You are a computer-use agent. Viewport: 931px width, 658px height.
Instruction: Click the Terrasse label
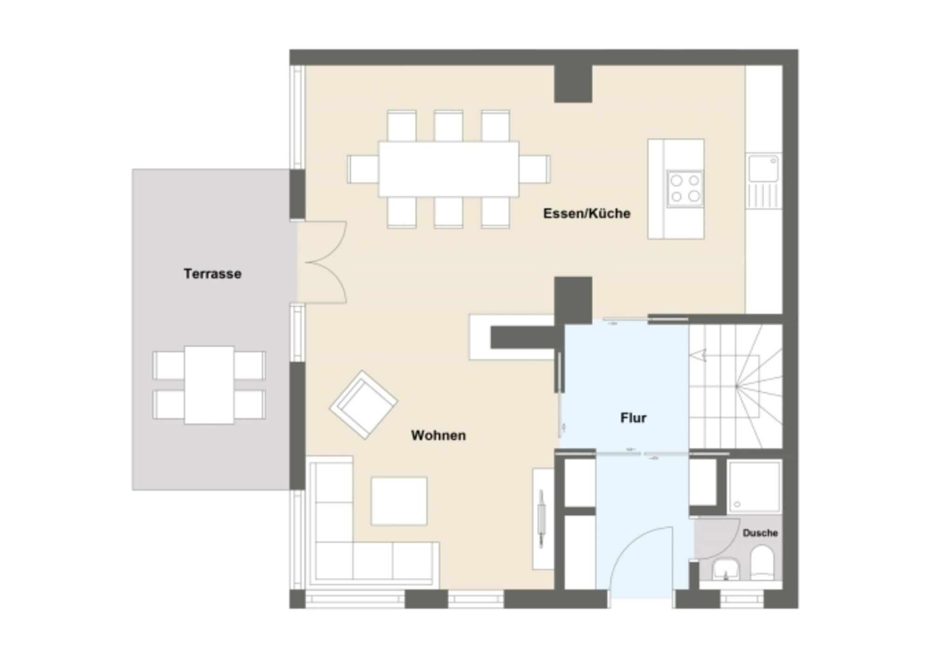212,274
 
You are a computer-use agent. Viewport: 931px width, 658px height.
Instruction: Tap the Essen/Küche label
587,214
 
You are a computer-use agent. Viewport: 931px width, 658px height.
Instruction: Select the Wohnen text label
438,436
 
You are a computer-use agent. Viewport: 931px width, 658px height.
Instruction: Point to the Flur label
633,418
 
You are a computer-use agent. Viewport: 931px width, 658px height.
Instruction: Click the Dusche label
760,533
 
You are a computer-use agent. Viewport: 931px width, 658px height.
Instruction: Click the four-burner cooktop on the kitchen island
685,188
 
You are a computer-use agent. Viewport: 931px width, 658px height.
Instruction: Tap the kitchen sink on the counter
763,168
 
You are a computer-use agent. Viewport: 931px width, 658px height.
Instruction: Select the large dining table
448,169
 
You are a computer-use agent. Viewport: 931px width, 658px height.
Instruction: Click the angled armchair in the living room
364,405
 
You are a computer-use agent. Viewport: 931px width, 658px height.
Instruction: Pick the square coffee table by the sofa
399,501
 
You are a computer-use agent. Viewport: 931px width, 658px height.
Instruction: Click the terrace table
209,385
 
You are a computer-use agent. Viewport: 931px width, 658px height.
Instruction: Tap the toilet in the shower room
762,563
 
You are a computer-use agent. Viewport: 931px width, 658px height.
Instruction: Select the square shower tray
754,487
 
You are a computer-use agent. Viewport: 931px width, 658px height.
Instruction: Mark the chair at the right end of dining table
534,169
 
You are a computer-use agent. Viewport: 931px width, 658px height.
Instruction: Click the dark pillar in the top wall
573,84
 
